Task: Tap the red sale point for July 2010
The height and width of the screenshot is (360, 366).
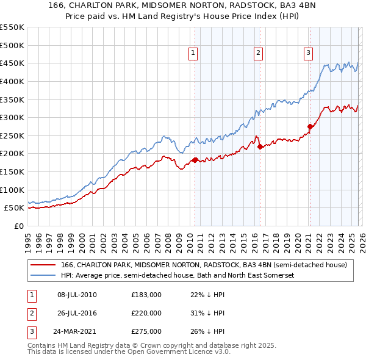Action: coord(195,160)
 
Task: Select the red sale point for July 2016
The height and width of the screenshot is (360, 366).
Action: coord(260,146)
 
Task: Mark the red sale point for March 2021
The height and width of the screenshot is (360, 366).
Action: coord(310,127)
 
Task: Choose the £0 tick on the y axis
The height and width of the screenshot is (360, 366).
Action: coord(18,226)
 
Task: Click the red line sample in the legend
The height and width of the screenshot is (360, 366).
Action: coord(43,265)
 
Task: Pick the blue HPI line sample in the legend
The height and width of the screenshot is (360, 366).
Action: coord(43,276)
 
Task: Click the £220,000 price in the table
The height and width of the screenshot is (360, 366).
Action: coord(146,313)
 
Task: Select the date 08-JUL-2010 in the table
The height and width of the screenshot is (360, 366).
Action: coord(77,295)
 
